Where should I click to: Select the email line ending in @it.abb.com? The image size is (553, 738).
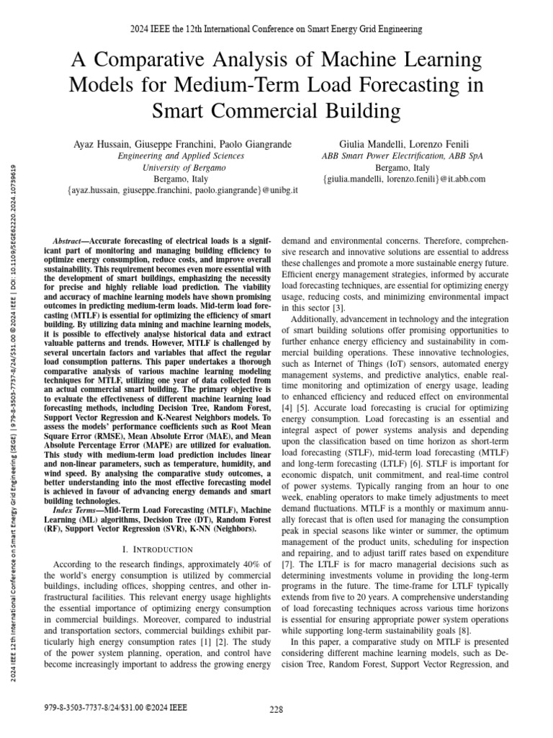coord(404,179)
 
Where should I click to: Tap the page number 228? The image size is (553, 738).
coord(276,709)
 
